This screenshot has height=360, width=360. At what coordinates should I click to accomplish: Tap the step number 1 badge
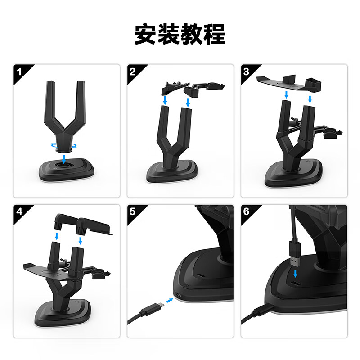(x=19, y=71)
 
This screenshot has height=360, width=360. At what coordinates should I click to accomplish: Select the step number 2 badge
(x=132, y=71)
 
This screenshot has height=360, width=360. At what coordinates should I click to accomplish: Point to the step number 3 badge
(x=246, y=71)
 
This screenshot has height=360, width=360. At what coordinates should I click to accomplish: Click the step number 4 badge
(x=19, y=211)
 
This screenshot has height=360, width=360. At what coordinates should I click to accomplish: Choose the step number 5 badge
(x=132, y=211)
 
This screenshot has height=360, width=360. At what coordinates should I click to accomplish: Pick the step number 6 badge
(x=246, y=211)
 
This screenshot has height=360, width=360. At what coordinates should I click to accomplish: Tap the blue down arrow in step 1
(x=66, y=158)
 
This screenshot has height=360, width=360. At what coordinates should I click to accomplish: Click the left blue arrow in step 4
(x=56, y=236)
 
